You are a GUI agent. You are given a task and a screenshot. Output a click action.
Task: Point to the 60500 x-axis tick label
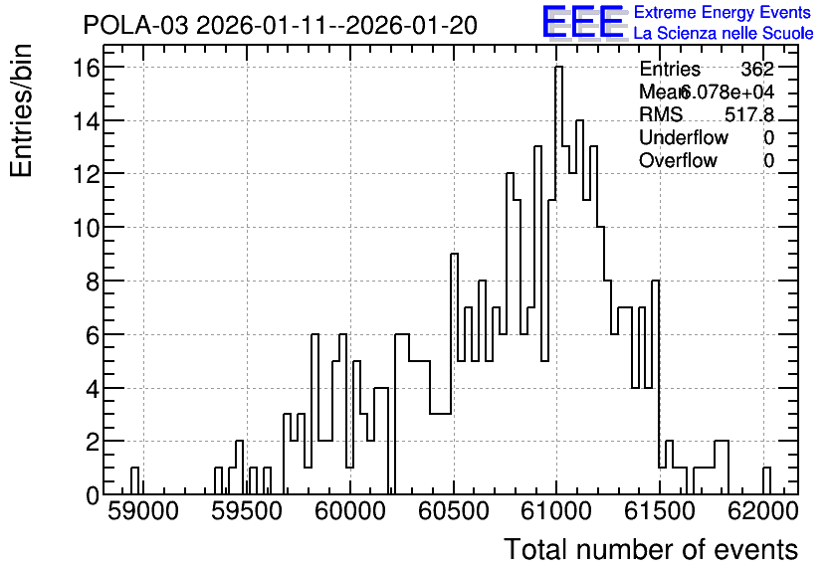454,511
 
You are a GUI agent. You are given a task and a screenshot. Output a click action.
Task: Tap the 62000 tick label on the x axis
763,511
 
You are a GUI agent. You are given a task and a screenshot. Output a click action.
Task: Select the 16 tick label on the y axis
87,68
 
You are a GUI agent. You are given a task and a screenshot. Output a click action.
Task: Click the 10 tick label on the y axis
87,228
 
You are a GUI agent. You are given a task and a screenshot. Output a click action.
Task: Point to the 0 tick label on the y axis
93,495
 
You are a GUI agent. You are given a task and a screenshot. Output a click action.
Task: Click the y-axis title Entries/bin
22,110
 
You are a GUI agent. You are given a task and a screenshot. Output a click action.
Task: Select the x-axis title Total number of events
651,549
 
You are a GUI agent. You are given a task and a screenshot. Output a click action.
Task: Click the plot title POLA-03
135,26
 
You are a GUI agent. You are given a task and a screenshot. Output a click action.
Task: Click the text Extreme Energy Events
723,12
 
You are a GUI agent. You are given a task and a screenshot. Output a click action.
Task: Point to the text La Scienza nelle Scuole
724,34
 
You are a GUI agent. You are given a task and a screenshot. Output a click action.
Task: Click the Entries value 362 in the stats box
757,69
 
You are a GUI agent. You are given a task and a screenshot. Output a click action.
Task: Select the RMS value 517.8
749,114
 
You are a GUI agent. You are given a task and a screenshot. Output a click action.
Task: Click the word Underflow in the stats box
684,137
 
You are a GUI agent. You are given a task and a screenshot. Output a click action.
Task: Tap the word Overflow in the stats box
678,160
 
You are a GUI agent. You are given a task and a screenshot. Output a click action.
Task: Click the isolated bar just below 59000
134,481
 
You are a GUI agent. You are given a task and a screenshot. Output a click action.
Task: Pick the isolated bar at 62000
766,481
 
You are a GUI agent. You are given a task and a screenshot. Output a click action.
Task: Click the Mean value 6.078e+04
727,92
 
